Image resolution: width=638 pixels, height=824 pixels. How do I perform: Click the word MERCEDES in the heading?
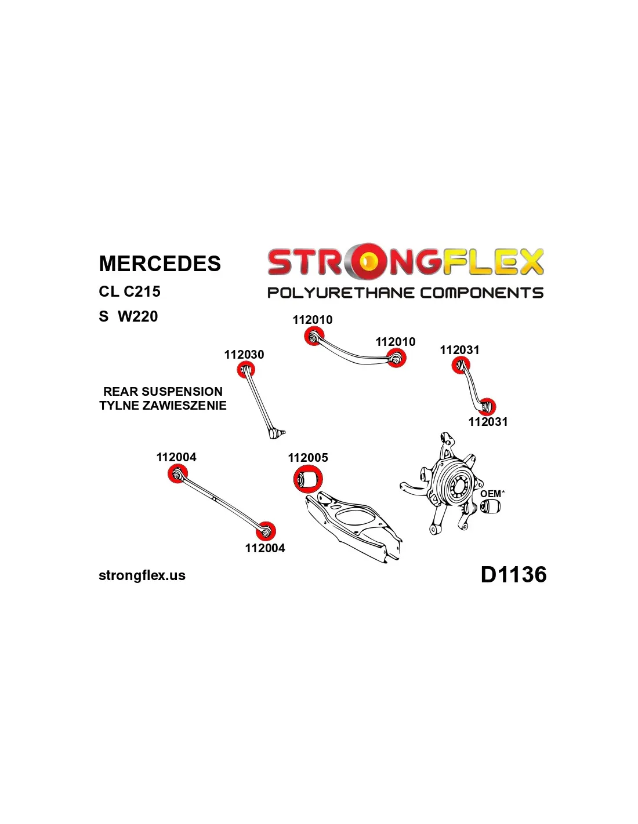point(159,264)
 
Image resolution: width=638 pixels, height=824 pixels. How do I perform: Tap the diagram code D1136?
point(513,575)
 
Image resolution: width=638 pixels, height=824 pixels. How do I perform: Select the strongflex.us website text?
point(142,575)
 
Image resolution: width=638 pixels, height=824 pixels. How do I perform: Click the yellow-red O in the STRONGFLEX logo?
point(368,261)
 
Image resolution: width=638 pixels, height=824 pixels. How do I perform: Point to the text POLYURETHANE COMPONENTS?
point(405,293)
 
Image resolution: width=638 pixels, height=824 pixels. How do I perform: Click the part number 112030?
point(244,355)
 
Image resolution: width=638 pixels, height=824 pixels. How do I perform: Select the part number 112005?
point(308,458)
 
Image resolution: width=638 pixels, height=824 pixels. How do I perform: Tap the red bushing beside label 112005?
point(308,479)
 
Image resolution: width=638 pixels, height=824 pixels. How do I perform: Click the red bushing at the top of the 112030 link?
point(246,369)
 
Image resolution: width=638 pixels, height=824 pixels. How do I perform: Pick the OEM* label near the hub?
point(492,494)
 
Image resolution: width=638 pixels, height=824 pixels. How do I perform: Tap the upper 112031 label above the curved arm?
point(459,350)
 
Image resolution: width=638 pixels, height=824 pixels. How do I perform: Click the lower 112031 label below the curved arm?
point(488,422)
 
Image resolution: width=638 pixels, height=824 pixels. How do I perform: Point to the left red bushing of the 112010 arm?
point(314,336)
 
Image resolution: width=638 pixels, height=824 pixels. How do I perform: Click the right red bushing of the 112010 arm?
point(396,358)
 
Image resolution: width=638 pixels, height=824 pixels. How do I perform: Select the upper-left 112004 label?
point(176,457)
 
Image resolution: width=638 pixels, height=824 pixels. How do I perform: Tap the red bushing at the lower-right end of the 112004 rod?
point(266,530)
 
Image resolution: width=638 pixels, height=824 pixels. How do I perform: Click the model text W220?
point(137,316)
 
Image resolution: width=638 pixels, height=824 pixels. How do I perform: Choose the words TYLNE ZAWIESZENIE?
point(163,406)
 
